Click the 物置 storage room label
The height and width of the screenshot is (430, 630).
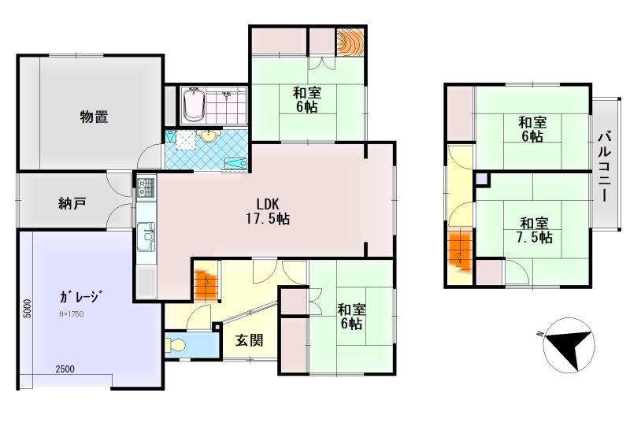coord(94,117)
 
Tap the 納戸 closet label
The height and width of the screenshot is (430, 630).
coord(72,204)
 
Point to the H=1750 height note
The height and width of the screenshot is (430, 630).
coord(71,314)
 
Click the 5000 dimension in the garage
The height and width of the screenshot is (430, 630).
coord(27,309)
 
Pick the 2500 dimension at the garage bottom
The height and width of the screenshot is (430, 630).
coord(65,369)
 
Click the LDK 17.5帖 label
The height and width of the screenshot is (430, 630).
coord(268,211)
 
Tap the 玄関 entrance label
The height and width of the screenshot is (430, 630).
coord(249,340)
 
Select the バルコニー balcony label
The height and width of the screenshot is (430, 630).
coord(604,167)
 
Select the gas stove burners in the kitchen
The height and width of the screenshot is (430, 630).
coord(146,187)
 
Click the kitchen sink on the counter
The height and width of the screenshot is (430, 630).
coord(146,236)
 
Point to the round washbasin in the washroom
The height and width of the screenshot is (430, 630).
coord(208,136)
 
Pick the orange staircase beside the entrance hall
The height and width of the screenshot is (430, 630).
coord(206,280)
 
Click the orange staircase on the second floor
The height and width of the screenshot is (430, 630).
coord(460,254)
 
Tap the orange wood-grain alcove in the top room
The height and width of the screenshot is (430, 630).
coord(350,41)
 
